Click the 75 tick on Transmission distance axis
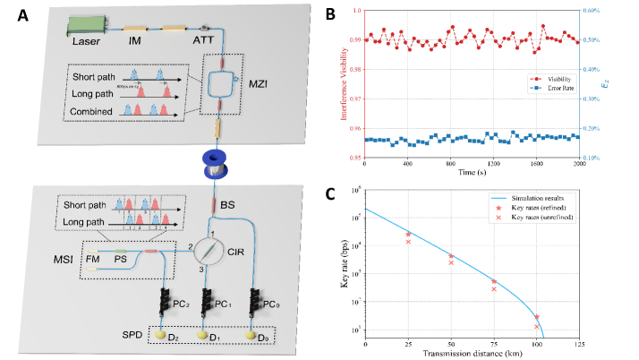493,343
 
